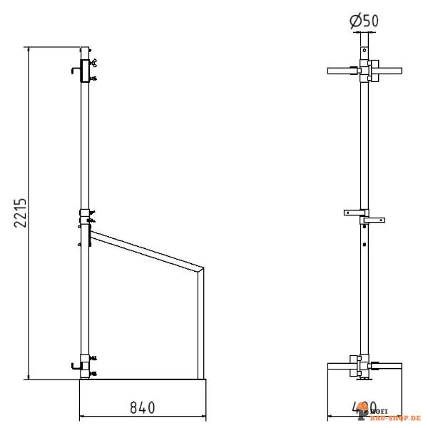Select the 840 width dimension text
pos(141,407)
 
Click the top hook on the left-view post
pos(75,70)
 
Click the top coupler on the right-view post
pos(365,71)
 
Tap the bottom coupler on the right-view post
pos(365,366)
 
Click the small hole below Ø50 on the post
pos(365,51)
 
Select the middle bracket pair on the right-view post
pos(365,216)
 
